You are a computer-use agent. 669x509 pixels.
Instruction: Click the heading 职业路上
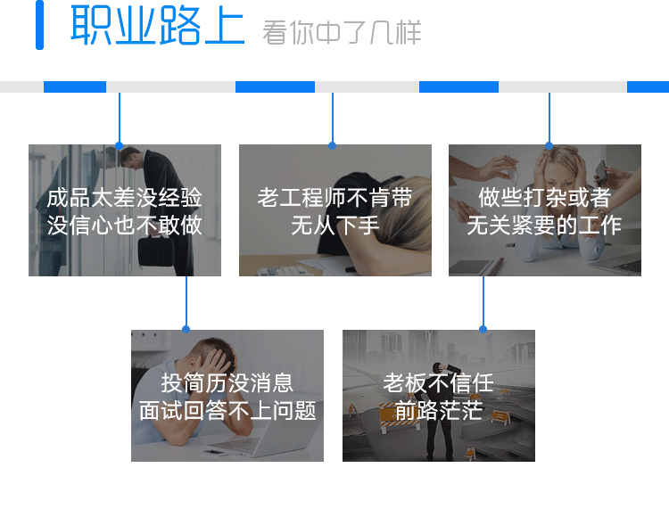pos(157,27)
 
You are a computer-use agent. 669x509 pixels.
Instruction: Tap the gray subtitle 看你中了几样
pos(342,33)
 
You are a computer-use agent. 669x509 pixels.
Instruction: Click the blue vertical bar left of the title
pos(39,26)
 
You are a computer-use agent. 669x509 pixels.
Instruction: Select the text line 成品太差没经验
pos(125,197)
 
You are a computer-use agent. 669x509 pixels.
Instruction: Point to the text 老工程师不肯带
pos(334,197)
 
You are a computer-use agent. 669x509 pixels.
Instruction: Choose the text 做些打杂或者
pos(544,197)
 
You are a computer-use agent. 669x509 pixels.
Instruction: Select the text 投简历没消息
pos(227,383)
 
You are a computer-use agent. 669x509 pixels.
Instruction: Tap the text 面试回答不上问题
pos(227,411)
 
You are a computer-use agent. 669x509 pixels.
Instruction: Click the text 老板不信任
pos(438,383)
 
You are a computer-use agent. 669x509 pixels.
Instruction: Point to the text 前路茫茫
pos(438,411)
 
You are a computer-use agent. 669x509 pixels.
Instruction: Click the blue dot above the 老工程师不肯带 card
pos(332,144)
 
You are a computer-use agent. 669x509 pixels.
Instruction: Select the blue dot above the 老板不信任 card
pos(483,330)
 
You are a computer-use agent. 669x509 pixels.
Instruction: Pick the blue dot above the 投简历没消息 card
pos(186,330)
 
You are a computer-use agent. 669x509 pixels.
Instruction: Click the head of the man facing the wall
pos(128,156)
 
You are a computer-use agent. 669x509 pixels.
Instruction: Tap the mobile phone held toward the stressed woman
pos(600,169)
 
